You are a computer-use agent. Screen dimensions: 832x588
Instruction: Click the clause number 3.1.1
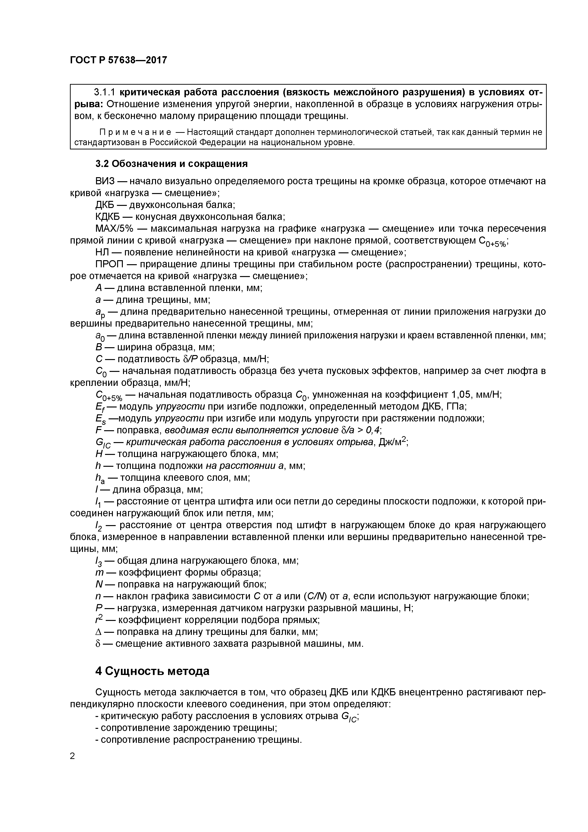(x=105, y=92)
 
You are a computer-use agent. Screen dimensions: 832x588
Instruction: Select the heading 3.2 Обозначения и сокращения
(x=171, y=164)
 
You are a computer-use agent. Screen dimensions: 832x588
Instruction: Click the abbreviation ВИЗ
(x=104, y=181)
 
